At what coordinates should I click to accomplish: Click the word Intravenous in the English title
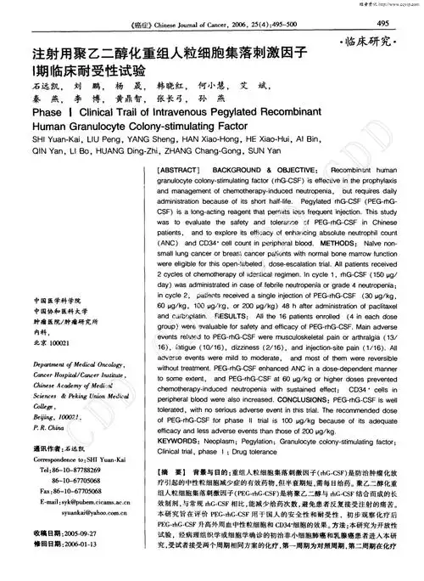coord(205,111)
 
